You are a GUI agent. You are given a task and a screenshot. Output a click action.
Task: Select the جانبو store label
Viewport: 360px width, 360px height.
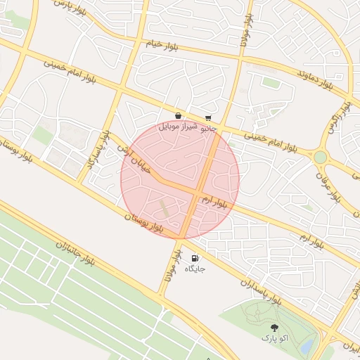(209, 129)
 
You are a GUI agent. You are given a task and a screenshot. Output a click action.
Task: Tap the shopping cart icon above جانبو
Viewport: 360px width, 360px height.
(208, 118)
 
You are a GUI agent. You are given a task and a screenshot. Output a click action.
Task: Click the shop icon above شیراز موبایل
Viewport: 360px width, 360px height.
(178, 116)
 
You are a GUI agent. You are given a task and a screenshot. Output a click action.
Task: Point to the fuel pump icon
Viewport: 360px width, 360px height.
(195, 258)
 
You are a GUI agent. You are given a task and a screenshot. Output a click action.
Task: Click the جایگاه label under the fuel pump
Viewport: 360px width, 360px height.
(195, 269)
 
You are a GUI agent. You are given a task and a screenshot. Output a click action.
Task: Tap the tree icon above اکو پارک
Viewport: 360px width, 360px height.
(275, 328)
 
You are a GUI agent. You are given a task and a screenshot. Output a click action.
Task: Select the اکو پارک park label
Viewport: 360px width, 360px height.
(275, 338)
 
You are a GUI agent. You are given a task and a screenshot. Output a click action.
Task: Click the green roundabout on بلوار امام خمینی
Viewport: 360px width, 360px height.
(321, 157)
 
